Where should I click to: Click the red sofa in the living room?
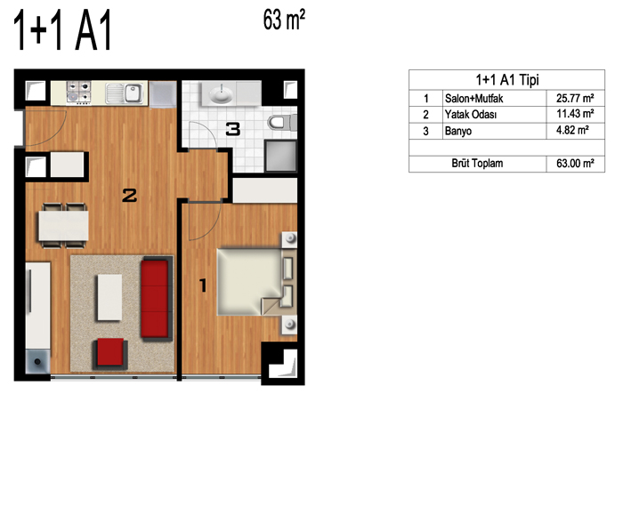tap(157, 299)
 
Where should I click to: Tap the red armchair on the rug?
tap(110, 352)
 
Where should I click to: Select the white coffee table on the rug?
tap(109, 297)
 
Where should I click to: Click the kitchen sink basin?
tap(133, 93)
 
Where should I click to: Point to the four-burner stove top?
tap(78, 93)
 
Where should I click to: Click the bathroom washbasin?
tap(221, 94)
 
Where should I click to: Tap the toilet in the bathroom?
tap(282, 122)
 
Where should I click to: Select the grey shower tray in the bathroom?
tap(280, 156)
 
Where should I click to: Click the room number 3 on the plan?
tap(233, 130)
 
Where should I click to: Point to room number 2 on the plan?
tap(130, 196)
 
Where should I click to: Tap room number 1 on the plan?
tap(203, 286)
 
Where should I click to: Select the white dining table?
tap(63, 226)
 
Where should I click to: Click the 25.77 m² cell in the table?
tap(575, 98)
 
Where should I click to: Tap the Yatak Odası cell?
tap(471, 115)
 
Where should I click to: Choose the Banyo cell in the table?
tap(458, 131)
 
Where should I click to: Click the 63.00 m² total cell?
tap(575, 164)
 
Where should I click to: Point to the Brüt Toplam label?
tap(477, 164)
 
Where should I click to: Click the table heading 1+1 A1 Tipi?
tap(507, 80)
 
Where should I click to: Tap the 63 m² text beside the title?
tap(284, 20)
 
